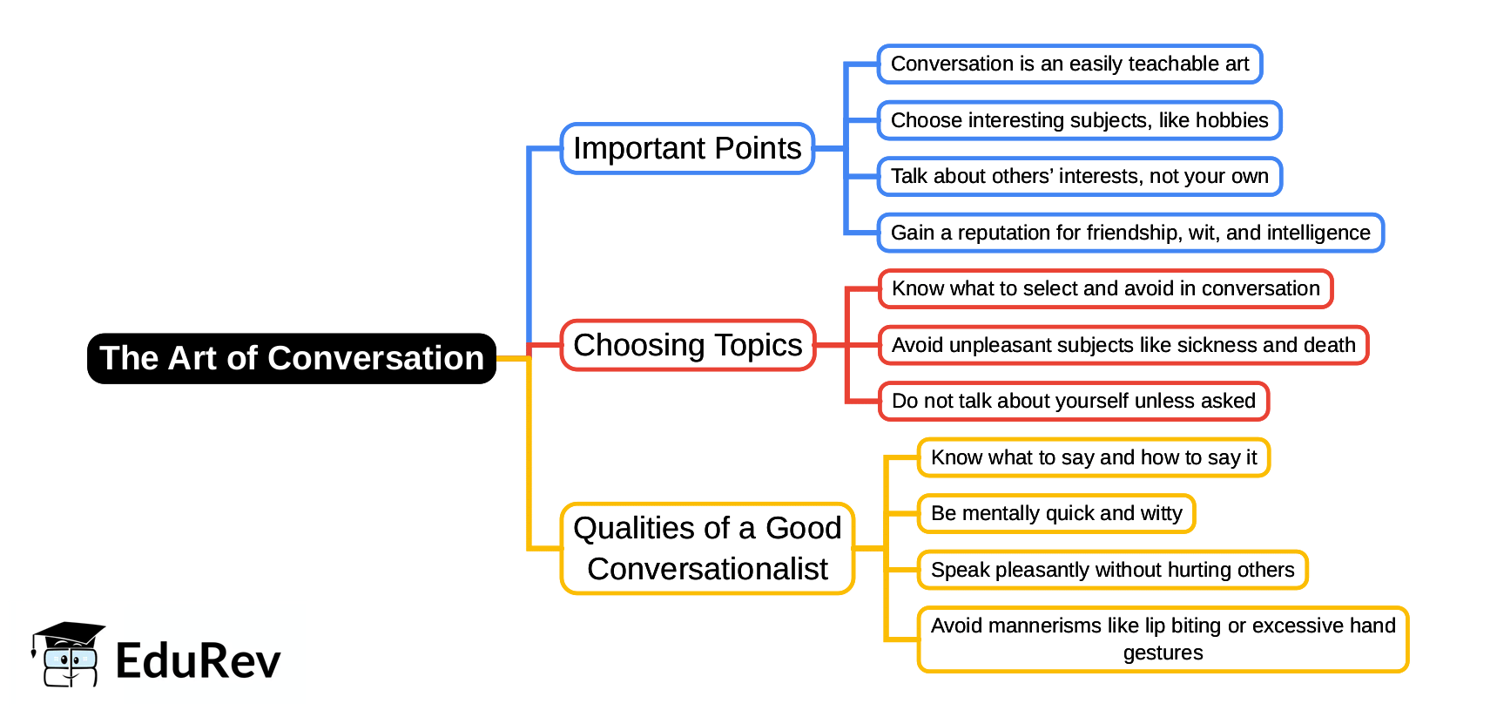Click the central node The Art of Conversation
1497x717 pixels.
coord(292,358)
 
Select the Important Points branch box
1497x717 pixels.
coord(687,149)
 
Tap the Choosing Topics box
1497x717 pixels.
coord(687,346)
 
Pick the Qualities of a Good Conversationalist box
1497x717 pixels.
coord(707,548)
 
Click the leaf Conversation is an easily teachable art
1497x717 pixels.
coord(1069,64)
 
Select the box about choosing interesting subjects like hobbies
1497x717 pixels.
coord(1079,120)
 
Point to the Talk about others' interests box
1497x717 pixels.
coord(1079,177)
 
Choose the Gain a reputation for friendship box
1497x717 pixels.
coord(1129,233)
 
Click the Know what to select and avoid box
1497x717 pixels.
coord(1105,289)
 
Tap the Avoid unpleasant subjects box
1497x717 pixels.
coord(1123,345)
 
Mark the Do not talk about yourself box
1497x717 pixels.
coord(1073,401)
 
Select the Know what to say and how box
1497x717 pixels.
coord(1094,457)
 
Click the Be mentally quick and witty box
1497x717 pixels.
coord(1056,513)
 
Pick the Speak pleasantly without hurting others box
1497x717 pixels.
coord(1112,570)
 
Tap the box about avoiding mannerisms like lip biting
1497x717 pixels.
coord(1163,639)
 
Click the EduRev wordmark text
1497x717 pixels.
coord(198,660)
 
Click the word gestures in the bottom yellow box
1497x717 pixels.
coord(1163,653)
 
